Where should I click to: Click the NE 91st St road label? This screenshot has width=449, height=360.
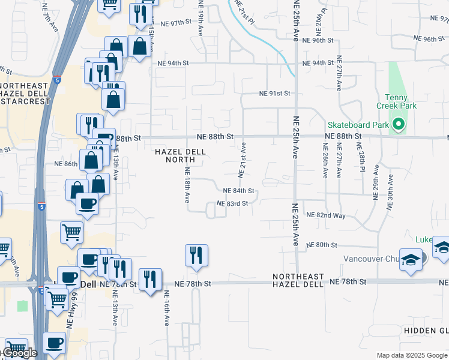click(x=274, y=94)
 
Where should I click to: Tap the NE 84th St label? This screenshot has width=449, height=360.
click(x=238, y=191)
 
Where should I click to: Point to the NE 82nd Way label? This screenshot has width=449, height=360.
click(x=326, y=215)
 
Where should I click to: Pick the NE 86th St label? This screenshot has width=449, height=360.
click(x=66, y=163)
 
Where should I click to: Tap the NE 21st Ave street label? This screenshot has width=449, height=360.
click(x=242, y=160)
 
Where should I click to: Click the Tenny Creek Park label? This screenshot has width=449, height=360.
click(x=396, y=101)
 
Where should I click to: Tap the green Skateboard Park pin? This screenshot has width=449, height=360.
click(x=399, y=125)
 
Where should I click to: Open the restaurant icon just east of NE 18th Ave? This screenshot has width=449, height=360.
click(x=197, y=255)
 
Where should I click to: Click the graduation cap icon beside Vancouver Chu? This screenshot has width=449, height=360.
click(x=411, y=260)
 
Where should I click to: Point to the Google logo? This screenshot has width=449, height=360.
click(x=20, y=353)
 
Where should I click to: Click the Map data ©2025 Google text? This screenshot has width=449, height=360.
click(x=412, y=355)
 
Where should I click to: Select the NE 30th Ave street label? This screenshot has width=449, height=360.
click(x=390, y=191)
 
